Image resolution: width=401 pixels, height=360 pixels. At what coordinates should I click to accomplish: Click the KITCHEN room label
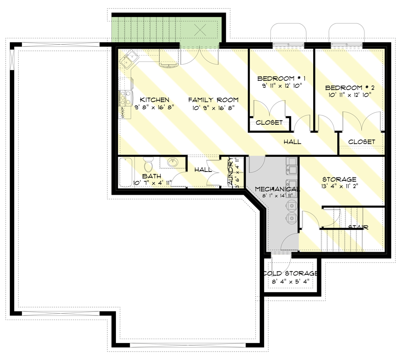(155, 100)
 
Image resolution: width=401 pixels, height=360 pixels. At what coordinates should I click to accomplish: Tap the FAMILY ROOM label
(213, 100)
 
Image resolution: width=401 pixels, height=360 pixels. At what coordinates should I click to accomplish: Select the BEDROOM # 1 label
(278, 79)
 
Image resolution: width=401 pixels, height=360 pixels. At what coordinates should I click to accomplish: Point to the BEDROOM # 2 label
(348, 87)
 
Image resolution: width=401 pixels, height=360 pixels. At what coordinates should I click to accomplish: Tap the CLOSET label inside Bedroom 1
(269, 123)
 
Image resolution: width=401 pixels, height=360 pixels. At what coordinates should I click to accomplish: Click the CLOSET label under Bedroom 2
(361, 142)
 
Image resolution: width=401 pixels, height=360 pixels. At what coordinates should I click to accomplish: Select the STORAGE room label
(340, 179)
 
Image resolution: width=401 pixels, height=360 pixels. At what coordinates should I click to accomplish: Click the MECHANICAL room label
(277, 189)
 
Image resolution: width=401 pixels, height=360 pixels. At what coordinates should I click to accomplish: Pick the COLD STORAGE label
(290, 273)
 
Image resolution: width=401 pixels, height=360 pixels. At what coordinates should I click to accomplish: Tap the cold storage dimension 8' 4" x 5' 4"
(290, 281)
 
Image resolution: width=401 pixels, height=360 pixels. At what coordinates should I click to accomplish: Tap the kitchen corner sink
(130, 57)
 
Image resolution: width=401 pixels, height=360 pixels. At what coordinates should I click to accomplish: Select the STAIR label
(358, 227)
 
